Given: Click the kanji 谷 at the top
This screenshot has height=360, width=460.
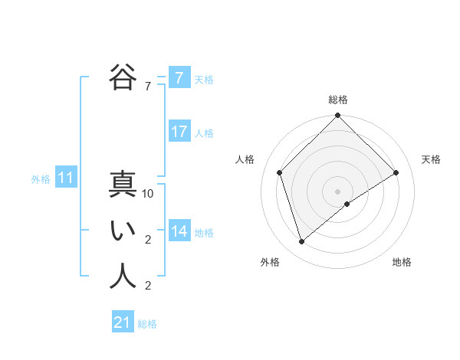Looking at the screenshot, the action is (122, 77).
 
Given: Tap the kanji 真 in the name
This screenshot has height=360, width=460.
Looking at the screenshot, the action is (122, 186).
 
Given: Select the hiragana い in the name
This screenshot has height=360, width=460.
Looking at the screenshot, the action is (122, 231).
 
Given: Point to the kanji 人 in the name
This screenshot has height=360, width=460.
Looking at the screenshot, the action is (122, 277).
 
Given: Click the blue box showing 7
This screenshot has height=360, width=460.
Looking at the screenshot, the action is (179, 78).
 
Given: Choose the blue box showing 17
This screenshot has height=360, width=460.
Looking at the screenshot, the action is (179, 132).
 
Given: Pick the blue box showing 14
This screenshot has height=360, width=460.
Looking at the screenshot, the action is (179, 231).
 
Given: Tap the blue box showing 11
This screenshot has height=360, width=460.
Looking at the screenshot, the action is (66, 178).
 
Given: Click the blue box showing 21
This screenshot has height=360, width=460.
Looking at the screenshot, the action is (123, 322).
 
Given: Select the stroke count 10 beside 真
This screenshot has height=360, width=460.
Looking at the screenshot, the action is (148, 195).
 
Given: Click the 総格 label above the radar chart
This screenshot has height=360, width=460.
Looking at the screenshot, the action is (338, 100).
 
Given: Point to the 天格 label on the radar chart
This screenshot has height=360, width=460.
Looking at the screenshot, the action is (432, 159).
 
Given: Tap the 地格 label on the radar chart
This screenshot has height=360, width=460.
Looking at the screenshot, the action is (402, 263).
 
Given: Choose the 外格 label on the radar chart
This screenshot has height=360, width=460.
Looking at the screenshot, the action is (270, 263).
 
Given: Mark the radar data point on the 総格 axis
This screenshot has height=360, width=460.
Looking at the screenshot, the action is (338, 116).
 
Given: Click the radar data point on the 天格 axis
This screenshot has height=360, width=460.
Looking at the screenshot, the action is (396, 172).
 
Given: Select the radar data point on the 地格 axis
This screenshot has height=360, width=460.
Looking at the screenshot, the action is (347, 204).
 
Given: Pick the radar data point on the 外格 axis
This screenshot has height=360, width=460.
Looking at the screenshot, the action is (302, 242).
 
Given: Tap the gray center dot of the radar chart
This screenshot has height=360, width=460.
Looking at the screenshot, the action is (338, 191).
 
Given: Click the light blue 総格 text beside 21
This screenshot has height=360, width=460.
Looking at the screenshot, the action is (147, 324).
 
